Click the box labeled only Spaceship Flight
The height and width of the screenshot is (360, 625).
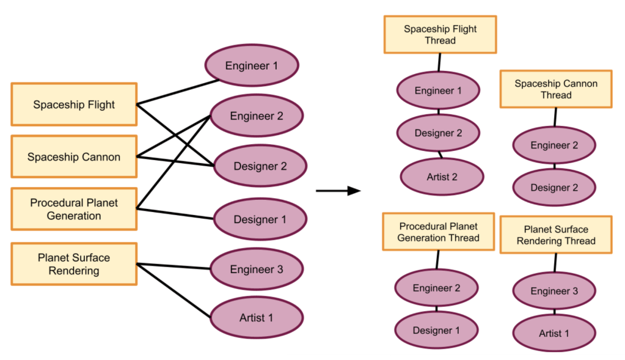click(x=74, y=105)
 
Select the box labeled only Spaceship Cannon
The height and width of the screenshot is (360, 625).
click(x=74, y=157)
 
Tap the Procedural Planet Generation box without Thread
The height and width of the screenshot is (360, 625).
click(x=74, y=209)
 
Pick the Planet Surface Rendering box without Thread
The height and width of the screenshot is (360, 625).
click(x=74, y=263)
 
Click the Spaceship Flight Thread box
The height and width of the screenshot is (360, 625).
click(x=440, y=35)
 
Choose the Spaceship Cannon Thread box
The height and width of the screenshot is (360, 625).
click(x=556, y=89)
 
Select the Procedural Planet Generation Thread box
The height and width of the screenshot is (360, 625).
click(x=438, y=232)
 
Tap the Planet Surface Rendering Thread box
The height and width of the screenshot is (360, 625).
click(x=556, y=235)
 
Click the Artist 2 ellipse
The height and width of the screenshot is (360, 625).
click(x=442, y=177)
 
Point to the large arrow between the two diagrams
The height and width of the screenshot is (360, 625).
click(x=338, y=191)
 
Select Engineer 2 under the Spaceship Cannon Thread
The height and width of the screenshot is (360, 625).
click(x=554, y=145)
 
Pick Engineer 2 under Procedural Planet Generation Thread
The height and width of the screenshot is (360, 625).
click(x=436, y=288)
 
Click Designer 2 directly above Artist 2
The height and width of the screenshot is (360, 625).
click(x=438, y=133)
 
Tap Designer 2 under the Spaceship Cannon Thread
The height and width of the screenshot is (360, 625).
click(x=554, y=188)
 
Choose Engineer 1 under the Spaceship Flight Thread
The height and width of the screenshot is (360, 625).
click(x=438, y=91)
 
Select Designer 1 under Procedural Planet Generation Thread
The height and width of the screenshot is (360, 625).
click(x=436, y=330)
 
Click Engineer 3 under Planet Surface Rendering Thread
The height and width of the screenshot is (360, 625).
click(x=554, y=291)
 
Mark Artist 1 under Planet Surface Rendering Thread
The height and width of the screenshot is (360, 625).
click(x=554, y=333)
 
